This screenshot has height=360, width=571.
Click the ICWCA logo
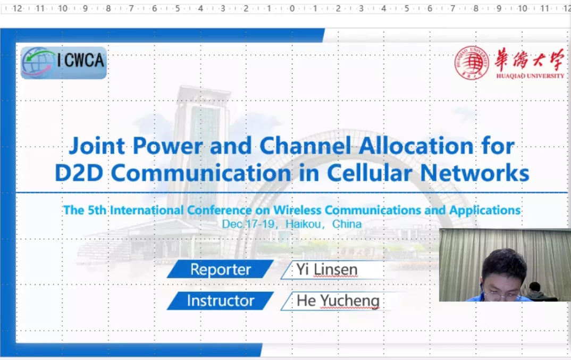(64, 62)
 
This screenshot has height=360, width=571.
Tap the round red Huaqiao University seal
(472, 63)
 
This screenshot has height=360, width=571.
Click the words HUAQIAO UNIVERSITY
(530, 76)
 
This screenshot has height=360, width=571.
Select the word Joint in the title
(97, 146)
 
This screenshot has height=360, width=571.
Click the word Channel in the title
(305, 146)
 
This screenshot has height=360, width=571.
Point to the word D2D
(79, 173)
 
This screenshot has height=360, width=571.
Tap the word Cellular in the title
(370, 173)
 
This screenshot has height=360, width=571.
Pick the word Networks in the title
(475, 173)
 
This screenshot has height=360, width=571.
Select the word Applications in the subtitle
(485, 211)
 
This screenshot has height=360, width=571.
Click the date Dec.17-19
(248, 224)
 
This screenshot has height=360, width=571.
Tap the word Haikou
(303, 224)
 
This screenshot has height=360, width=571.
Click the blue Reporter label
(220, 269)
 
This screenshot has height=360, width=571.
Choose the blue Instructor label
(220, 300)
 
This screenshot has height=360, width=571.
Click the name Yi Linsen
(326, 270)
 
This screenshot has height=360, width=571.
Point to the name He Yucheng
(338, 301)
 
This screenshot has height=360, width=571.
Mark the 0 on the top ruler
(292, 8)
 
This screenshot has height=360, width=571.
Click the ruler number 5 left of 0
(178, 8)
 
